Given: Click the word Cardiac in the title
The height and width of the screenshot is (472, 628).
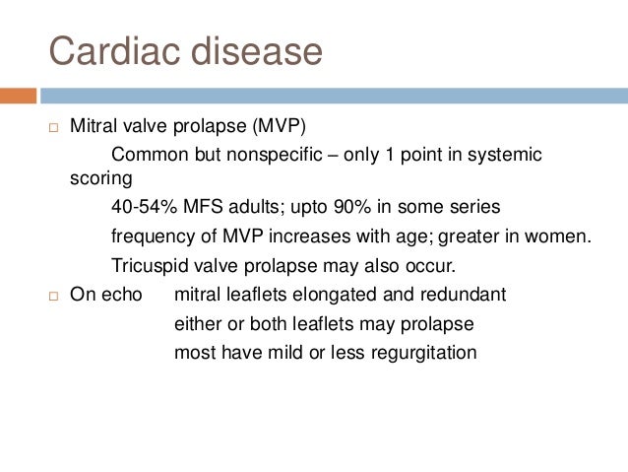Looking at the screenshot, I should click(x=109, y=50).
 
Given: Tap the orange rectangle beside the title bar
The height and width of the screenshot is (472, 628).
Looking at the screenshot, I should click(x=18, y=96).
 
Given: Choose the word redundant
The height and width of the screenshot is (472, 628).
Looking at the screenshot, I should click(x=466, y=295).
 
